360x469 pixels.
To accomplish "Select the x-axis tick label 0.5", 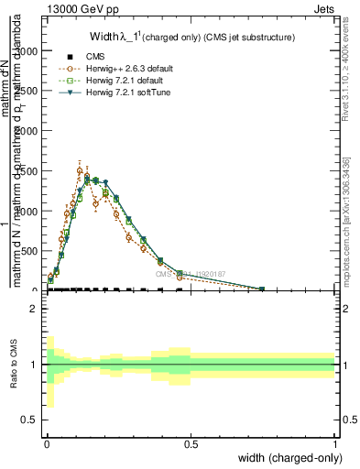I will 191,444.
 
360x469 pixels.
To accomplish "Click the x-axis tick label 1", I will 334,444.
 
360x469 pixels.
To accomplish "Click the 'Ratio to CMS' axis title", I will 15,365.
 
